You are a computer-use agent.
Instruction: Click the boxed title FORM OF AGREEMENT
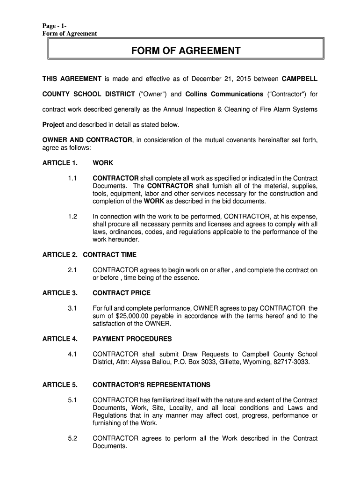click(186, 51)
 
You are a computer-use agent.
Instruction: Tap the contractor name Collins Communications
click(224, 94)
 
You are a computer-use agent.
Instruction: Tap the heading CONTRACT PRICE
click(122, 293)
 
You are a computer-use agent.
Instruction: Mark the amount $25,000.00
click(131, 316)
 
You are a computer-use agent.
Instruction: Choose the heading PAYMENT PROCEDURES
click(132, 339)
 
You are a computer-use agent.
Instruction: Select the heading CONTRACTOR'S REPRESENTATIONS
click(151, 385)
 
